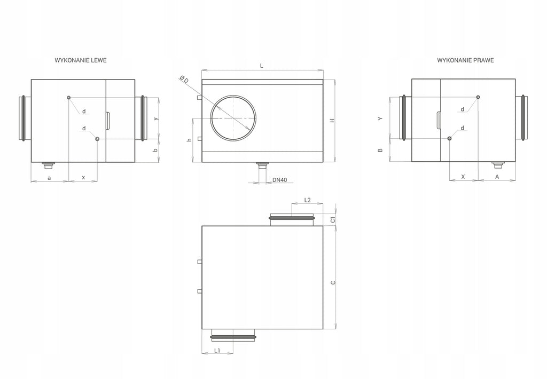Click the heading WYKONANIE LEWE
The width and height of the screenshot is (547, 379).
coord(81,60)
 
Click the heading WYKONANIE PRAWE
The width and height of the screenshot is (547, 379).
coord(465,60)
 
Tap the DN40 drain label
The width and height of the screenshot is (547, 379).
coord(280,180)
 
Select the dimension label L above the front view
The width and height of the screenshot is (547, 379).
coord(262,66)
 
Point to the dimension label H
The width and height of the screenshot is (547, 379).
coord(332,121)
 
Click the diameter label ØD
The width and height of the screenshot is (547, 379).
coord(184,79)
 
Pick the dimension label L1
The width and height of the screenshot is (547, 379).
coord(217,350)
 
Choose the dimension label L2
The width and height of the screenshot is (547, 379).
coord(307,200)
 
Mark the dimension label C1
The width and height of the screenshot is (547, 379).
coord(333,219)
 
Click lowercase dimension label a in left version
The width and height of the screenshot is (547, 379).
coord(50,178)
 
